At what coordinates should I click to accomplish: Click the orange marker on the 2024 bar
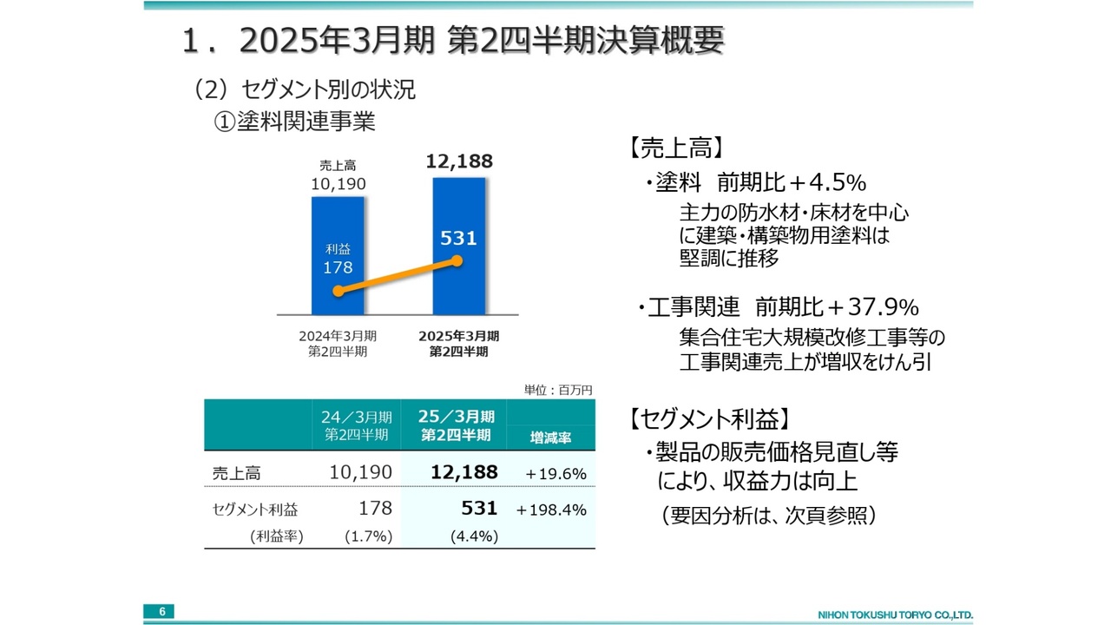point(338,292)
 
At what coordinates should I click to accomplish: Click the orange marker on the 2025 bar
point(458,261)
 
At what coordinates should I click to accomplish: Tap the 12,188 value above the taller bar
point(459,161)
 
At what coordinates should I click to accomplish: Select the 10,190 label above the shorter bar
point(338,183)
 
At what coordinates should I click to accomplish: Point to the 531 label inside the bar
point(458,238)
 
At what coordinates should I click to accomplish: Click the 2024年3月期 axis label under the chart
point(338,336)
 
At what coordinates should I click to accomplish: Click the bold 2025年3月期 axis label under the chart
point(458,336)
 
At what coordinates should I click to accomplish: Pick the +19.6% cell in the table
point(555,474)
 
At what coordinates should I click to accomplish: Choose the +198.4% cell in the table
point(551,510)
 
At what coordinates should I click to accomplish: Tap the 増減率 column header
point(550,438)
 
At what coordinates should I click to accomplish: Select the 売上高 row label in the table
point(236,474)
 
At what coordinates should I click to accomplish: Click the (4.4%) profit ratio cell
point(474,536)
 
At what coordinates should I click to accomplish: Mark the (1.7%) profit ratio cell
point(368,536)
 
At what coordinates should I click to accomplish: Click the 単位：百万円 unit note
point(558,391)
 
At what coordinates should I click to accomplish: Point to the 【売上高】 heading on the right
point(673,148)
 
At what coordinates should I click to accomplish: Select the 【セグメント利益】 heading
point(708,419)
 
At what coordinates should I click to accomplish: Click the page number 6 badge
point(161,612)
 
